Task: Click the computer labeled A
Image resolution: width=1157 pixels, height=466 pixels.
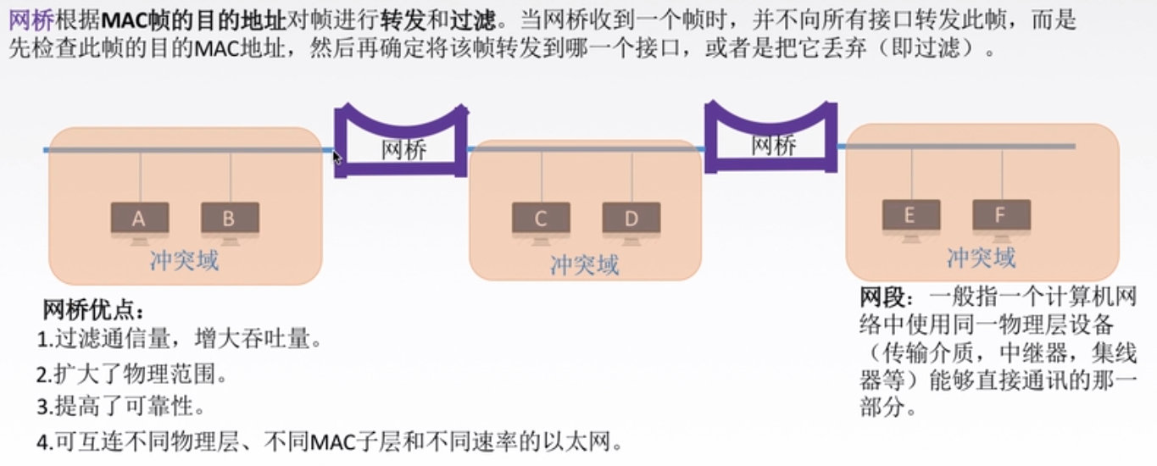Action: tap(140, 219)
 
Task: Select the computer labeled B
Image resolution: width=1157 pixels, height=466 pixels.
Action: tap(230, 219)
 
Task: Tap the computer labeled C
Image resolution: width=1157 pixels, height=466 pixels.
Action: tap(541, 219)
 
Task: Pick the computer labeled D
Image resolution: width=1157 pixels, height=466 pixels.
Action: tap(631, 219)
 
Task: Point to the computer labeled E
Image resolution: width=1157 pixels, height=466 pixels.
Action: tap(910, 215)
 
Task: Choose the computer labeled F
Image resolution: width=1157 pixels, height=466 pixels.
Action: tap(1001, 215)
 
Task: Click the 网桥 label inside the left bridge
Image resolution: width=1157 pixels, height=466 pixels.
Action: tap(403, 150)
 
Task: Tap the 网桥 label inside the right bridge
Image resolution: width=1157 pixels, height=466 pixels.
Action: tap(774, 145)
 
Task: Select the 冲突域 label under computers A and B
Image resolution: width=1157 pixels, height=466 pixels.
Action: tap(184, 260)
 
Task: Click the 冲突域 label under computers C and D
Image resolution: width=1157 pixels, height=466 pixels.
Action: tap(585, 264)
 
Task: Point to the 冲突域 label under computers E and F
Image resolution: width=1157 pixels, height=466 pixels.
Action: tap(981, 257)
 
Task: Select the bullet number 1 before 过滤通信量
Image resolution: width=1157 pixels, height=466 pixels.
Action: tap(45, 341)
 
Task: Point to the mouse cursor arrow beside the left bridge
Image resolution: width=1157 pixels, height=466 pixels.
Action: tap(337, 158)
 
